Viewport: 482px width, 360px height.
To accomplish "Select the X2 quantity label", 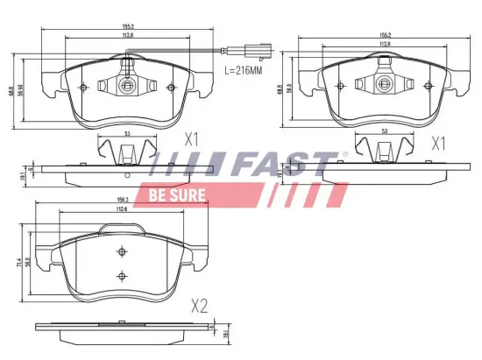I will click(200, 306).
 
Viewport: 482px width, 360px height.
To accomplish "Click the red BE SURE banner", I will click(177, 194).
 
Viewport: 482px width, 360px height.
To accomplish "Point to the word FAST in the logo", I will click(278, 165).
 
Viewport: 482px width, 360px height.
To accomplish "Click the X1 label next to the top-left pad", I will click(192, 139).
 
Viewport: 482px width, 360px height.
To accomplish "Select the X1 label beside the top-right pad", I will click(439, 142).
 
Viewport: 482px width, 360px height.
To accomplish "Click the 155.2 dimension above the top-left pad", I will click(128, 26).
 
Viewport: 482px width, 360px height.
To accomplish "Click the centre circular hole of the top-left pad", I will click(127, 86).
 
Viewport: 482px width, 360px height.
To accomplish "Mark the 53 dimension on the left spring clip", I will click(127, 134).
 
